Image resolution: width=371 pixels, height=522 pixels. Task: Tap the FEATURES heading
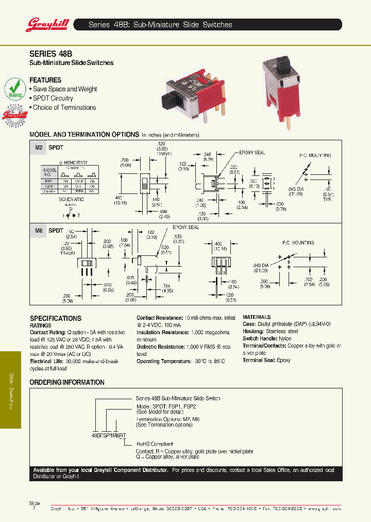pyautogui.click(x=45, y=80)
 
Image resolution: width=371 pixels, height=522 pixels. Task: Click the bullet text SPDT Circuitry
pyautogui.click(x=53, y=98)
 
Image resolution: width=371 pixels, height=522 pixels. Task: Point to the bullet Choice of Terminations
pyautogui.click(x=64, y=107)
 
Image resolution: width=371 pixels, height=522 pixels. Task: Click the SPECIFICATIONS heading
pyautogui.click(x=56, y=318)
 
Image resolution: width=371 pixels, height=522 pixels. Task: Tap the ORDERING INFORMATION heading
pyautogui.click(x=67, y=382)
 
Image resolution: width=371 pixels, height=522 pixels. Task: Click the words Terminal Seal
pyautogui.click(x=259, y=360)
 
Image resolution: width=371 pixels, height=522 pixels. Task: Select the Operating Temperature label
pyautogui.click(x=165, y=361)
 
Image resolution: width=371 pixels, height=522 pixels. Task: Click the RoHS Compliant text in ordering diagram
pyautogui.click(x=155, y=444)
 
